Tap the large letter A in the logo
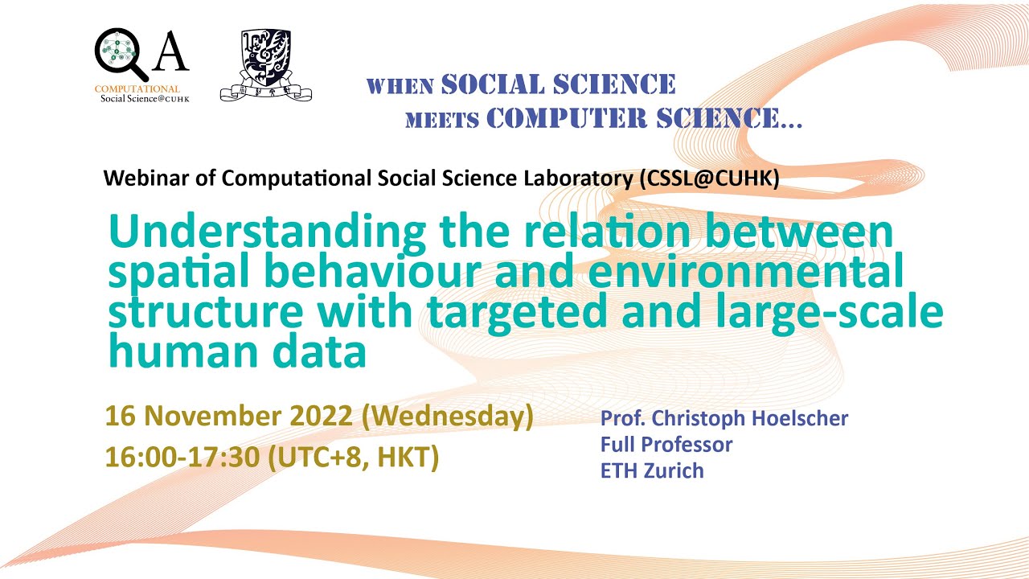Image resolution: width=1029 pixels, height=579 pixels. click(170, 53)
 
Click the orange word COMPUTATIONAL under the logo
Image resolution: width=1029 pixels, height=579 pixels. click(137, 88)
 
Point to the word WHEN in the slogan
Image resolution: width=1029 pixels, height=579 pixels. click(400, 86)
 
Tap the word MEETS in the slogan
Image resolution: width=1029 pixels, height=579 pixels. click(442, 121)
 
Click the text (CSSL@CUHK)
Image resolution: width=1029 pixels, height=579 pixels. click(709, 178)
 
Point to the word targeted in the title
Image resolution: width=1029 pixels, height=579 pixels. click(521, 314)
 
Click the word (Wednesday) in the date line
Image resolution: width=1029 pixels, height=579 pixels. click(448, 417)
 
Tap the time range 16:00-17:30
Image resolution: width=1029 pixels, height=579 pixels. click(182, 457)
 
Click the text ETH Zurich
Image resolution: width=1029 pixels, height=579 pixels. click(652, 470)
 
